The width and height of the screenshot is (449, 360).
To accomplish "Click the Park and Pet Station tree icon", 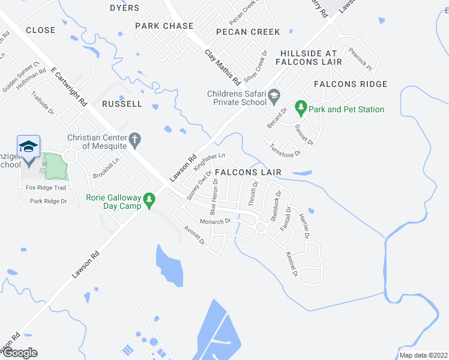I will [x=301, y=109].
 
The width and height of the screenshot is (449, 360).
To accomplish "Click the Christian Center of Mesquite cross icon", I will [x=136, y=140].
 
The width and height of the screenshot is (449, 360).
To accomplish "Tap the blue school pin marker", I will [x=28, y=148].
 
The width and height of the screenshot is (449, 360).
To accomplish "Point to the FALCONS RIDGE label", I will [x=350, y=84].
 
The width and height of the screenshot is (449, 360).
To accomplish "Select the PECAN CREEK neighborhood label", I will [x=248, y=31].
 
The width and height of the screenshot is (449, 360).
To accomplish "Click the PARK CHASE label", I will [x=164, y=26].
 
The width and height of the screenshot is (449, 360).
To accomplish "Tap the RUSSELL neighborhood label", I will [x=122, y=104].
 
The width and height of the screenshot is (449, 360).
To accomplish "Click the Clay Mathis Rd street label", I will [x=222, y=67].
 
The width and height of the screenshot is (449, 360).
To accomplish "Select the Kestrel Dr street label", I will [x=292, y=264].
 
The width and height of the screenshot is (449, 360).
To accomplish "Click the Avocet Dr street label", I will [x=194, y=235].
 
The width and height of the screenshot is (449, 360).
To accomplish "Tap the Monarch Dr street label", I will [x=215, y=221].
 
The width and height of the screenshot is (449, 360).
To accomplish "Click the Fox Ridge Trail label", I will [x=45, y=188].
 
